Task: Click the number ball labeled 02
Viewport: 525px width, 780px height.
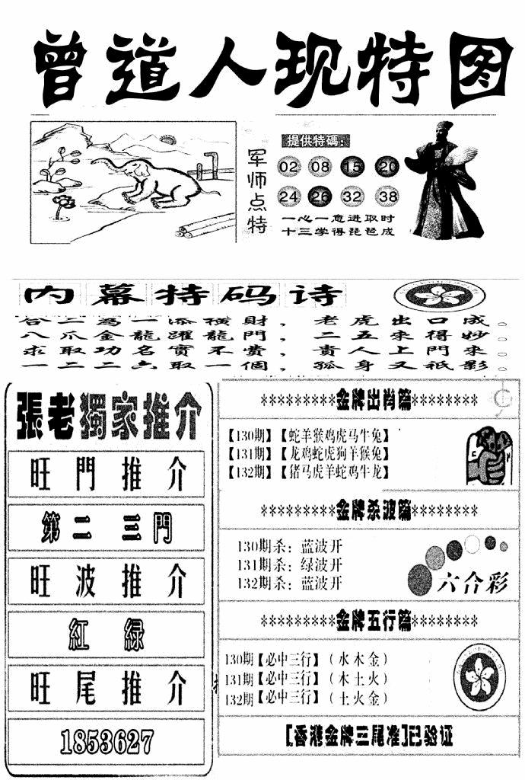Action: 289,167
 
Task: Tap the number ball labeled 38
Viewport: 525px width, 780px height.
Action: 387,197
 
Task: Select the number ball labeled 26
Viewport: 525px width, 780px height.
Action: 322,197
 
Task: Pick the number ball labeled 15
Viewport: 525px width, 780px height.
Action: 355,167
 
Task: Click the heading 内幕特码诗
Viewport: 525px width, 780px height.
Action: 183,295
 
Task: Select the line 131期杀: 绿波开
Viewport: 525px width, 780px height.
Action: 290,564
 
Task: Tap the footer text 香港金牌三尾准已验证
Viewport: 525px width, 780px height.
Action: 368,737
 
